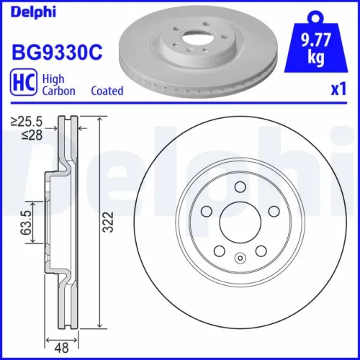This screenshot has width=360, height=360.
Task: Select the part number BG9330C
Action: [55, 52]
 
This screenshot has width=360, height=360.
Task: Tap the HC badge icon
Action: [22, 84]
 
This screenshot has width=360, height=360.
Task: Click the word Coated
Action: [107, 91]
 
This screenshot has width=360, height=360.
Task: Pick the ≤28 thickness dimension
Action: [28, 135]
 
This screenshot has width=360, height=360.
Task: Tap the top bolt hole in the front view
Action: [238, 187]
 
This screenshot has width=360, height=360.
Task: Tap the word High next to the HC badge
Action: [52, 78]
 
